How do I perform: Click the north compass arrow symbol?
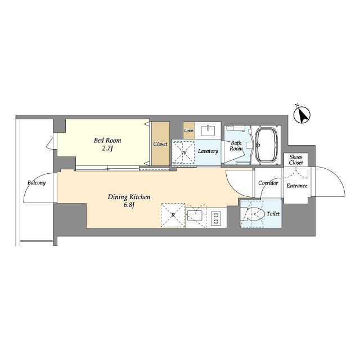302,115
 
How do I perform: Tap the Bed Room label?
107,140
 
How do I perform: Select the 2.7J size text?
107,148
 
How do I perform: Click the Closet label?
160,144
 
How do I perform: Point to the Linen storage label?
189,130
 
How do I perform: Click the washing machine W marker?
184,152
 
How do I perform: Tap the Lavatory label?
208,151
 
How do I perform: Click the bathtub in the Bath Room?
266,145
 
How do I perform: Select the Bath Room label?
236,146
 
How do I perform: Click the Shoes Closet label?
296,160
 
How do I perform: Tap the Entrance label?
296,186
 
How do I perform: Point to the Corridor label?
268,183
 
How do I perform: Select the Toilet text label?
273,214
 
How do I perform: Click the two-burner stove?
216,218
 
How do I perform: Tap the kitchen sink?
195,215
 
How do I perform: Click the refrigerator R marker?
173,215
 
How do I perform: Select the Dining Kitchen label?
129,197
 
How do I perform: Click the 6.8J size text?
129,205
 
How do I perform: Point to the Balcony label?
37,183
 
